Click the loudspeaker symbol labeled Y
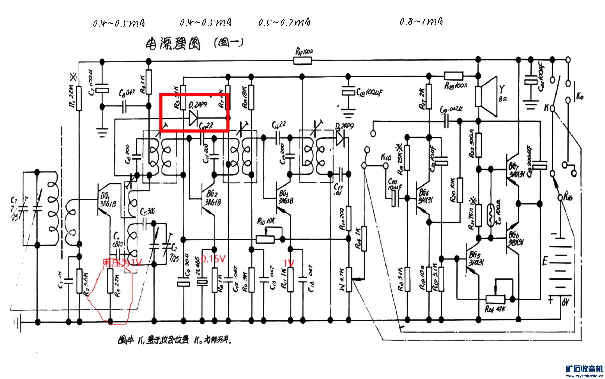point(487,96)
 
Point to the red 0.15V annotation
point(213,259)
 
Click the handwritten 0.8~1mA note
point(421,22)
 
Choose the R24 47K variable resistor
point(495,299)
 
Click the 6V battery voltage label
point(565,303)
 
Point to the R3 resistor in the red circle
point(110,281)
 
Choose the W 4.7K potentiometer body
point(349,279)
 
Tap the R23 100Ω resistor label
point(456,86)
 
